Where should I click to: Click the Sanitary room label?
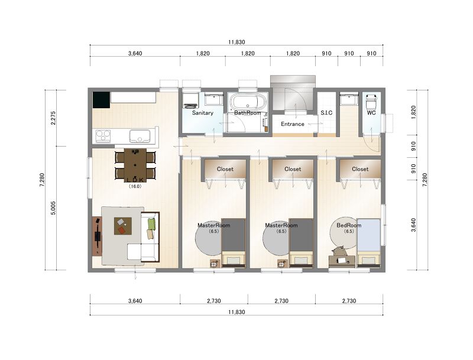pyautogui.click(x=203, y=113)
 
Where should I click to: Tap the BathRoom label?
pyautogui.click(x=247, y=113)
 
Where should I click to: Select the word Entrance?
pyautogui.click(x=292, y=124)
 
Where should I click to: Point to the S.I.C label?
pyautogui.click(x=326, y=113)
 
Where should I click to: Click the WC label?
pyautogui.click(x=371, y=113)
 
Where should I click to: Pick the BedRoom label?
pyautogui.click(x=349, y=225)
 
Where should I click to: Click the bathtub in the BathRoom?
pyautogui.click(x=248, y=102)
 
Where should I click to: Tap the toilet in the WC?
pyautogui.click(x=371, y=102)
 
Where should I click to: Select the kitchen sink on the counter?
pyautogui.click(x=140, y=136)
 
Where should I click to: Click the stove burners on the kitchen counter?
pyautogui.click(x=103, y=136)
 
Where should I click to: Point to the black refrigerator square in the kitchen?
pyautogui.click(x=101, y=100)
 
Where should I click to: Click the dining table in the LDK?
pyautogui.click(x=135, y=166)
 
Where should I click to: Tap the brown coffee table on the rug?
pyautogui.click(x=123, y=226)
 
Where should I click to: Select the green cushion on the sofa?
pyautogui.click(x=151, y=224)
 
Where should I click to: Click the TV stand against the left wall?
pyautogui.click(x=97, y=236)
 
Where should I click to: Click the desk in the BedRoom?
pyautogui.click(x=342, y=261)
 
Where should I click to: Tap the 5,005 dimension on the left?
pyautogui.click(x=53, y=208)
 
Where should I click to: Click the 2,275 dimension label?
pyautogui.click(x=53, y=118)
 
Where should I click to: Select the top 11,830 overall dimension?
pyautogui.click(x=237, y=42)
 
